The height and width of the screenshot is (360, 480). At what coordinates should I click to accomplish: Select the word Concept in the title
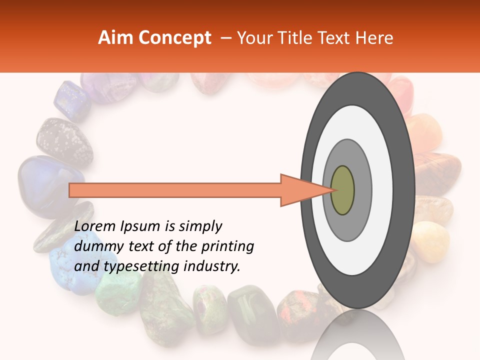coord(174,38)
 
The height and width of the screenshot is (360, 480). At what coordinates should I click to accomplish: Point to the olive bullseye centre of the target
coord(342,190)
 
